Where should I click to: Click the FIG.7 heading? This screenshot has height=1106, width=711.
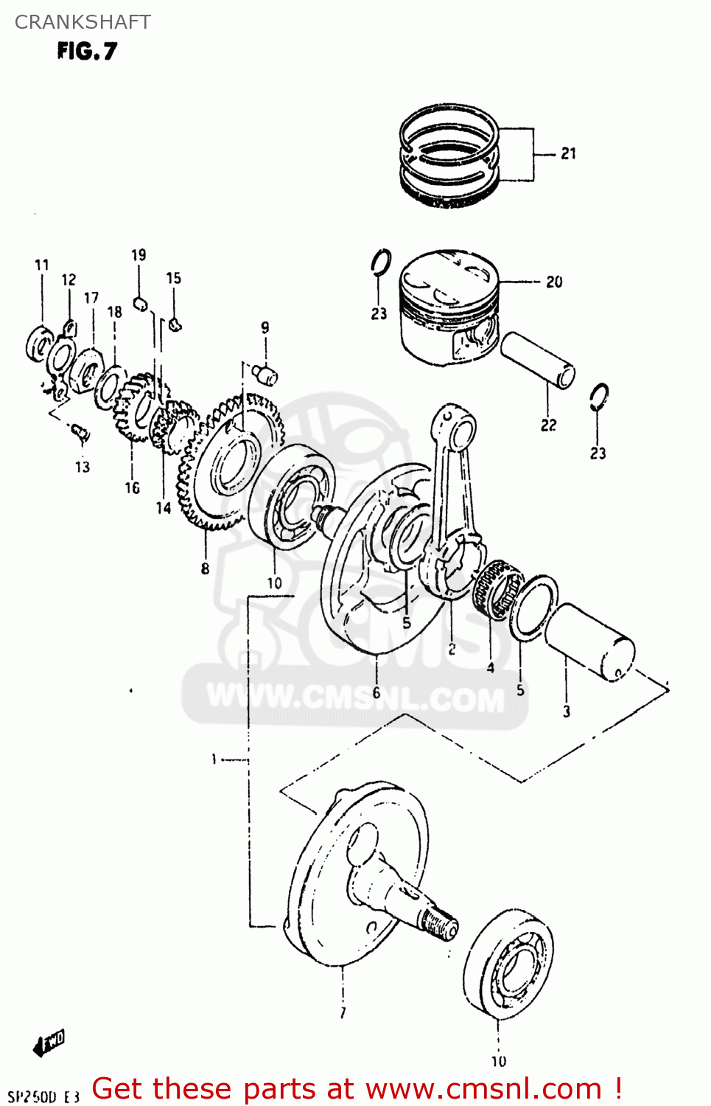(87, 51)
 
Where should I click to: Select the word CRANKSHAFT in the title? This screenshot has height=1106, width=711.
(83, 22)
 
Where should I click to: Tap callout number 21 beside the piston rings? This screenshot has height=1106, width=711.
(568, 153)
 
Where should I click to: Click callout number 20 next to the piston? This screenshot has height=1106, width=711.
(554, 282)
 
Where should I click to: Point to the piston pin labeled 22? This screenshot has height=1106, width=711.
(537, 360)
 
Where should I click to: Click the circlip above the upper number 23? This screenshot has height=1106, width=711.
(381, 262)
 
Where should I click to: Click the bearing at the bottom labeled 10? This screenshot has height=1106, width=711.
(508, 966)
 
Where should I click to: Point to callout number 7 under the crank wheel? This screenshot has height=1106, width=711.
(343, 1013)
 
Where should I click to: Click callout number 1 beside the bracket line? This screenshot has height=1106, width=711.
(214, 759)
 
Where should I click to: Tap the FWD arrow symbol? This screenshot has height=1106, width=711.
(49, 1043)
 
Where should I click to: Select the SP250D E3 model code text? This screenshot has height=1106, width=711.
(43, 1096)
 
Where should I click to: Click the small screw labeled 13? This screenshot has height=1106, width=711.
(81, 433)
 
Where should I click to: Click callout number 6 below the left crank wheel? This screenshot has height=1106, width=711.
(376, 692)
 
